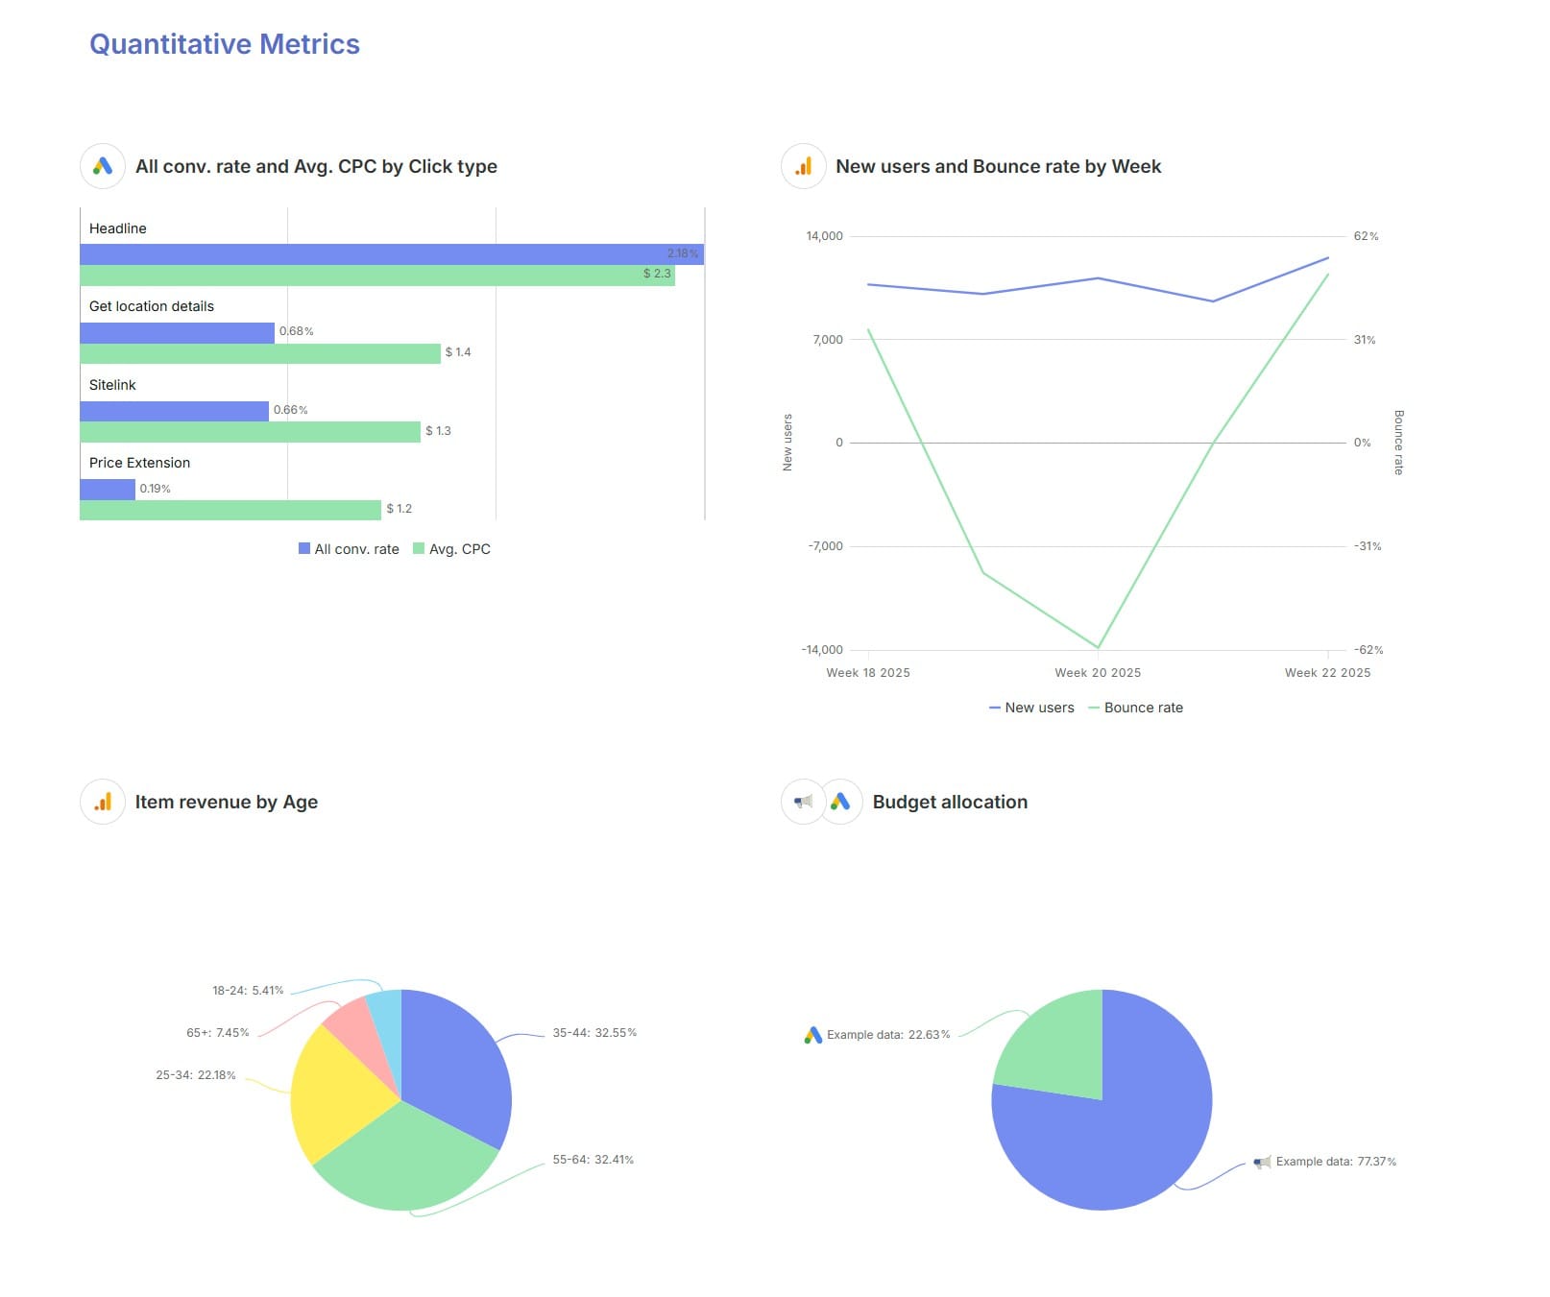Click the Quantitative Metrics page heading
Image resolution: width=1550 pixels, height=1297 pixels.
coord(224,44)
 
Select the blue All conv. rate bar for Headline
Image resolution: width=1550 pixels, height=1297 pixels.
coord(384,254)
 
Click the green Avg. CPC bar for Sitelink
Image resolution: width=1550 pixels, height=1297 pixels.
coord(250,432)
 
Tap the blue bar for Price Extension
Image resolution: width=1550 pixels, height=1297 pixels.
coord(107,490)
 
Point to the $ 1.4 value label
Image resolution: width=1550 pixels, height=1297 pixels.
coord(458,352)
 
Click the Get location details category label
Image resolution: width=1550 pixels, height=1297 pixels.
coord(152,306)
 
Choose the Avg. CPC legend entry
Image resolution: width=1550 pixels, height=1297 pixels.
coord(452,549)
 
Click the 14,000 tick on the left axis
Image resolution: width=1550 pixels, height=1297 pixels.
coord(824,236)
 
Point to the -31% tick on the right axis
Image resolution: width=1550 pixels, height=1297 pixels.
coord(1368,546)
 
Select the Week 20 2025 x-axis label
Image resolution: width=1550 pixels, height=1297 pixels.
coord(1098,673)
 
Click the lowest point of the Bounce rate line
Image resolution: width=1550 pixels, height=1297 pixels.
coord(1098,647)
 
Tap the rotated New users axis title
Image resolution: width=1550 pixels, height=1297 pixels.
coord(787,443)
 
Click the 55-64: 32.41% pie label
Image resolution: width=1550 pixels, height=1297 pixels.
coord(593,1160)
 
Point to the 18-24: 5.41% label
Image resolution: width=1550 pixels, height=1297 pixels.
coord(248,991)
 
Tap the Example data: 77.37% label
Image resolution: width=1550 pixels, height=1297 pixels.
coord(1335,1162)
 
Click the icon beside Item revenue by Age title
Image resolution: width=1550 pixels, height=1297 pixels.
coord(103,802)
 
